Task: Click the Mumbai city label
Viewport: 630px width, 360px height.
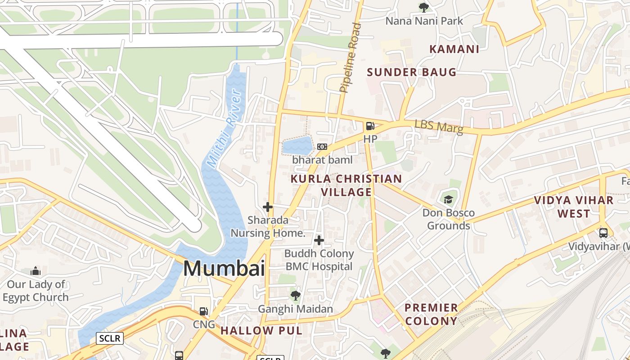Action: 224,269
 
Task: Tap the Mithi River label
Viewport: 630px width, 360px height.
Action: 224,128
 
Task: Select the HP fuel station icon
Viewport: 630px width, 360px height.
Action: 370,126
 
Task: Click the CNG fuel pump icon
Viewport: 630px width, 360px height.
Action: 204,311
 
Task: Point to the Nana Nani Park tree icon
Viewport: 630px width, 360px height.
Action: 423,7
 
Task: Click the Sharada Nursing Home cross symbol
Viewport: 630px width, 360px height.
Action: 268,207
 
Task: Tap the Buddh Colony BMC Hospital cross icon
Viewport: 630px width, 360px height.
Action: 319,240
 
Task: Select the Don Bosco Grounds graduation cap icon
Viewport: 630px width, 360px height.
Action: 448,199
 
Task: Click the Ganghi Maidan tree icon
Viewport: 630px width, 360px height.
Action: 295,296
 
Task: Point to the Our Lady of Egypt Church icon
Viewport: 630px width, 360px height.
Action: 36,271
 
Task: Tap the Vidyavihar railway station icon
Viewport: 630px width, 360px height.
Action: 603,233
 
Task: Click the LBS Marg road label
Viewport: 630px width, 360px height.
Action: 438,126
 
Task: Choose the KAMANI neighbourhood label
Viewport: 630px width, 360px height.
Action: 454,49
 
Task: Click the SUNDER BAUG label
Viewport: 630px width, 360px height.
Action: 411,72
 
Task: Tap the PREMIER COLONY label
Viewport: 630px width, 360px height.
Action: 431,315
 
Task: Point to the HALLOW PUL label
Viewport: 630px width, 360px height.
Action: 261,331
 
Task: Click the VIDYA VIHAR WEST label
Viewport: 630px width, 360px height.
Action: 574,207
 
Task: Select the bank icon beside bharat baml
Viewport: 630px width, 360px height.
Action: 322,147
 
